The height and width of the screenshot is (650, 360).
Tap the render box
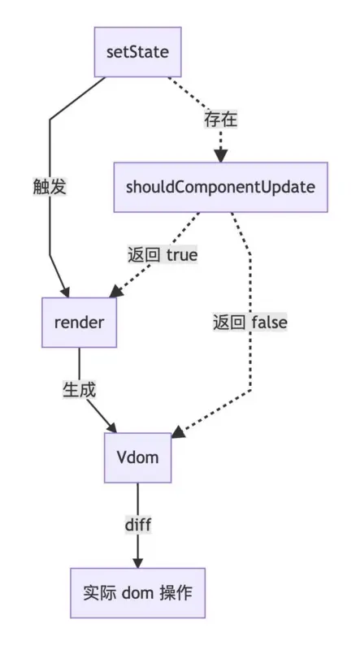[x=79, y=323]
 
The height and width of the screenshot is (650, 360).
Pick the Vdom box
[x=137, y=457]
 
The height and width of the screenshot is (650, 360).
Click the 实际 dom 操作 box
[x=137, y=592]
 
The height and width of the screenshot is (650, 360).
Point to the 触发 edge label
[x=50, y=187]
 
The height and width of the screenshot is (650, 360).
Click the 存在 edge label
[x=220, y=120]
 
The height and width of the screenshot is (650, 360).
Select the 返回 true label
[x=163, y=255]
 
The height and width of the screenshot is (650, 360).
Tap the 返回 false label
[x=250, y=323]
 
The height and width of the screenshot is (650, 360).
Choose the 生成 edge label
[x=80, y=389]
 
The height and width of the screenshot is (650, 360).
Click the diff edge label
[x=137, y=525]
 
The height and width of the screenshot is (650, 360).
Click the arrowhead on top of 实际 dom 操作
[x=137, y=562]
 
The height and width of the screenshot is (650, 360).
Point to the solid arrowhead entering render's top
[x=66, y=291]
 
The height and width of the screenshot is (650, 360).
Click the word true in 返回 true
[x=182, y=255]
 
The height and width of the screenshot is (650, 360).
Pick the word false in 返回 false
[x=270, y=323]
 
